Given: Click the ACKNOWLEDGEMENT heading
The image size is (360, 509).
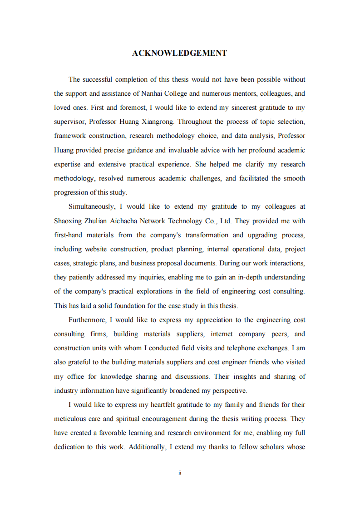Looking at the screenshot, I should (179, 53).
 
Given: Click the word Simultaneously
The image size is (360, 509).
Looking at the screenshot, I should (91, 206).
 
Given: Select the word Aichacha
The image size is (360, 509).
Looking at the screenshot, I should (124, 221).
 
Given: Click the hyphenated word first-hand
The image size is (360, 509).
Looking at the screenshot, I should (69, 235).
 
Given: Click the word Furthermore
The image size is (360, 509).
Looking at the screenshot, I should (87, 320).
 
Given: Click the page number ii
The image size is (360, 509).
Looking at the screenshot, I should (180, 473).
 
